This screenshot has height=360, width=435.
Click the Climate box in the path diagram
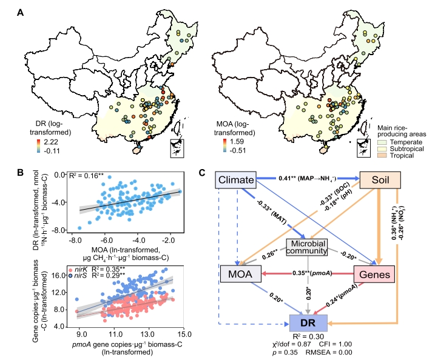point(234,180)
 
